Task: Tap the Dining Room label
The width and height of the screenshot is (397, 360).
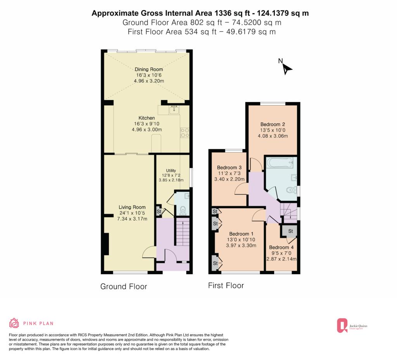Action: (148, 69)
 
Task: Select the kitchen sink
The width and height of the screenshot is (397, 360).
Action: (174, 110)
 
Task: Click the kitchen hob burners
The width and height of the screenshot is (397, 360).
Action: (184, 133)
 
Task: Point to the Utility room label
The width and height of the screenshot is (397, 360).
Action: (171, 171)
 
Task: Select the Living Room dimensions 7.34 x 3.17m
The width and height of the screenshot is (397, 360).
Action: (132, 219)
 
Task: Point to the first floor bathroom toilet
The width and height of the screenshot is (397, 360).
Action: (292, 190)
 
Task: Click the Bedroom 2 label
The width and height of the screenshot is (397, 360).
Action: (273, 124)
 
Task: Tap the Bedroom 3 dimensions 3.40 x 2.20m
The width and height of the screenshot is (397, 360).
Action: (230, 179)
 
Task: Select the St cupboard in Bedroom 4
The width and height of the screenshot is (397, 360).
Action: (290, 231)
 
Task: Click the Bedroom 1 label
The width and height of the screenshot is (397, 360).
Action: (241, 234)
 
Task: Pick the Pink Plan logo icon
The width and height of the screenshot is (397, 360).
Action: (14, 323)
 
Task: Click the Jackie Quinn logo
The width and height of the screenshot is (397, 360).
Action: (352, 325)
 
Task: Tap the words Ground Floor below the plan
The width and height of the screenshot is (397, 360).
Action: (124, 287)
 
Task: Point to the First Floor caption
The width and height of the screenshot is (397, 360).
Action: (226, 286)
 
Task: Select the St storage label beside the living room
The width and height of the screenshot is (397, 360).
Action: (159, 211)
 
